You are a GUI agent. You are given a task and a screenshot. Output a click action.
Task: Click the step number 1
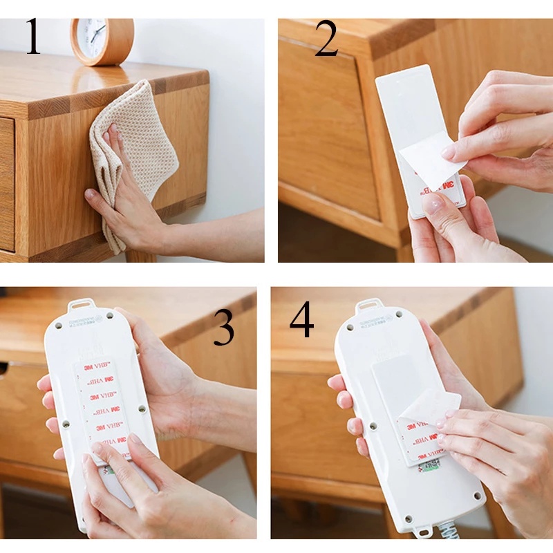[33, 37]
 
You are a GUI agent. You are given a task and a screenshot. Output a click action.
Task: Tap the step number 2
[326, 40]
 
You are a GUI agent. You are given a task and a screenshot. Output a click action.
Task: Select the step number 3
[223, 328]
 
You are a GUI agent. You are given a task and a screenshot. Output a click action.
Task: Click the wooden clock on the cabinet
[102, 40]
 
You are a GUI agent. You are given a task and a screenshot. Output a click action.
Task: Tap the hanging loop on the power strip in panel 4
[368, 305]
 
